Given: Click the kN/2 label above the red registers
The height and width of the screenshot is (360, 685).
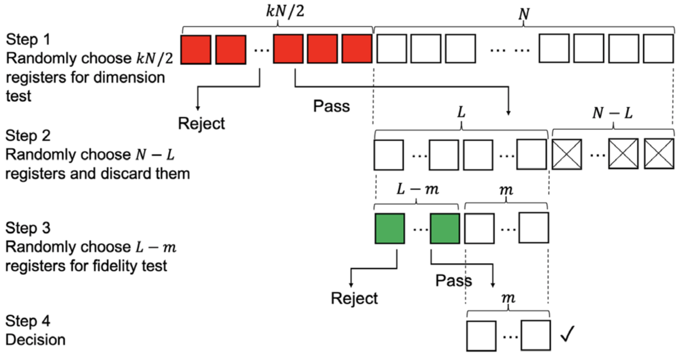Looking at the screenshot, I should pos(285,11).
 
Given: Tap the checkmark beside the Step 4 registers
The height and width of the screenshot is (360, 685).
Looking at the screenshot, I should pos(567,334).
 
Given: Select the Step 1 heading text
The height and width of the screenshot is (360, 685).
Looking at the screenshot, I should pos(28,39).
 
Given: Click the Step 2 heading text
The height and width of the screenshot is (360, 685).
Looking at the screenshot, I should pos(28,136).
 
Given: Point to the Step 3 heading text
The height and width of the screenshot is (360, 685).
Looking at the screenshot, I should pos(28,228).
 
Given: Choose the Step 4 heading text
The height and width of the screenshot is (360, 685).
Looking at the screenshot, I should pos(28,321).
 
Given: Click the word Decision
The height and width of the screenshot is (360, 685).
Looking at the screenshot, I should pos(36,339).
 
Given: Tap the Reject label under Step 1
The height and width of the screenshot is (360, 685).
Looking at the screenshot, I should pos(201,123).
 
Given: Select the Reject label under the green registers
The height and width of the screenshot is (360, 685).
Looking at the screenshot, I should pos(354,298).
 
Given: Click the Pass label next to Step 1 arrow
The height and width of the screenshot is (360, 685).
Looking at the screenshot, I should pos(331,106).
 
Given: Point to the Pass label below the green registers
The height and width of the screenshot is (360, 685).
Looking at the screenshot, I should pos(453,280).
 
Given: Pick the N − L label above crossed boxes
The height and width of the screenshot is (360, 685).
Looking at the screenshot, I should pos(612,113).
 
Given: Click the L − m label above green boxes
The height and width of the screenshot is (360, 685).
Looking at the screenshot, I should pos(417,189).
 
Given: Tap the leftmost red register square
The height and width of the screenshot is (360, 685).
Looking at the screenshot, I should pos(196,50).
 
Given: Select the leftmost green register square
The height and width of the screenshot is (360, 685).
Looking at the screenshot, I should pos(390,229).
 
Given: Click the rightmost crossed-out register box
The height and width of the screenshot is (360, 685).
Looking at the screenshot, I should pos(659,154).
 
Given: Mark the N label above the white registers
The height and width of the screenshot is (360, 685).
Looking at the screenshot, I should pos(524,14).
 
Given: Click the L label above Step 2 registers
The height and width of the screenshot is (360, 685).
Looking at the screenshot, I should pos(461,112).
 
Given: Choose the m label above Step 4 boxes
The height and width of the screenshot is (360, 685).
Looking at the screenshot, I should pos(508,298).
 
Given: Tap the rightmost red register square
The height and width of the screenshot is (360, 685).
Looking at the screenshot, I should pos(357,49).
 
